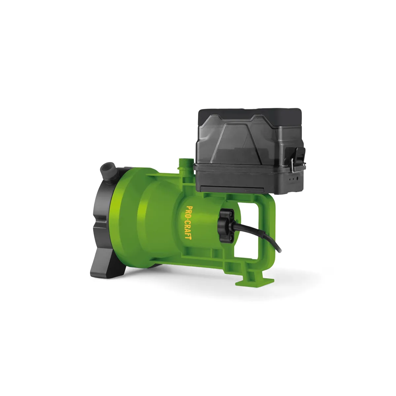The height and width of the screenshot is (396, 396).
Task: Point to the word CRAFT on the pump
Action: [x=189, y=230]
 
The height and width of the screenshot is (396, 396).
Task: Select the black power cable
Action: [x=259, y=234]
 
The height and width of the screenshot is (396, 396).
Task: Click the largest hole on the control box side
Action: [x=297, y=179]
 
